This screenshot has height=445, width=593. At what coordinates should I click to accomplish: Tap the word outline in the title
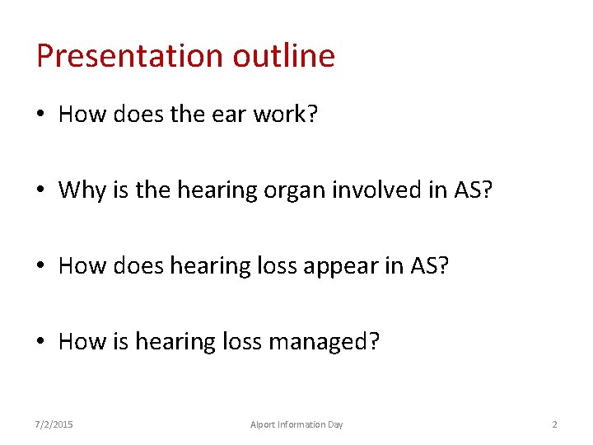(284, 56)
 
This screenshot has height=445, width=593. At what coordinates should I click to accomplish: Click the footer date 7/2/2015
(54, 424)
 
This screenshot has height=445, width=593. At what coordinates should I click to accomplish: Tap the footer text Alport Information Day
(296, 424)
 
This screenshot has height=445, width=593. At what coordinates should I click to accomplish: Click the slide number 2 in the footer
(554, 424)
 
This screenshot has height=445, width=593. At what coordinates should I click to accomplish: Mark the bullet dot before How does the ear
(43, 115)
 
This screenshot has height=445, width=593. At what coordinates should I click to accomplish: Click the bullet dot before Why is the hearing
(43, 191)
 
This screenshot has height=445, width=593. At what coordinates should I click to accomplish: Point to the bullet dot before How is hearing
(43, 342)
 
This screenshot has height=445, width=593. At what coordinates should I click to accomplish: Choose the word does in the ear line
(139, 115)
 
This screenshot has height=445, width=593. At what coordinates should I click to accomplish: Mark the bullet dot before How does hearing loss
(43, 267)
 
